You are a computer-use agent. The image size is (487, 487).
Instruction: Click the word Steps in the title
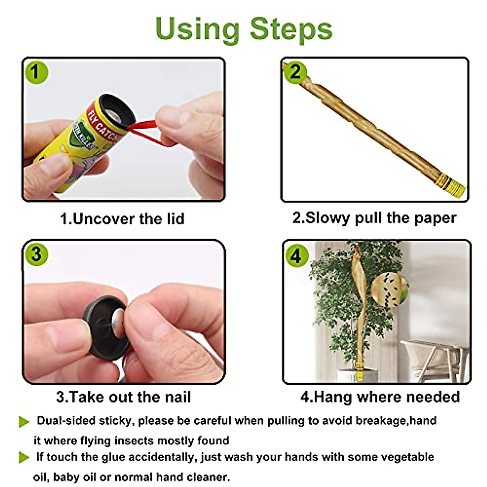[291, 29]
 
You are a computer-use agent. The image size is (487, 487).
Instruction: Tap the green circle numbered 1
[36, 72]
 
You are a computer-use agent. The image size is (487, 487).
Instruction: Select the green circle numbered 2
[295, 72]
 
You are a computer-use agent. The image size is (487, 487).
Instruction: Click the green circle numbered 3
[36, 254]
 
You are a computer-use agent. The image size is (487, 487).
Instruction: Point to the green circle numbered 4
[296, 256]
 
